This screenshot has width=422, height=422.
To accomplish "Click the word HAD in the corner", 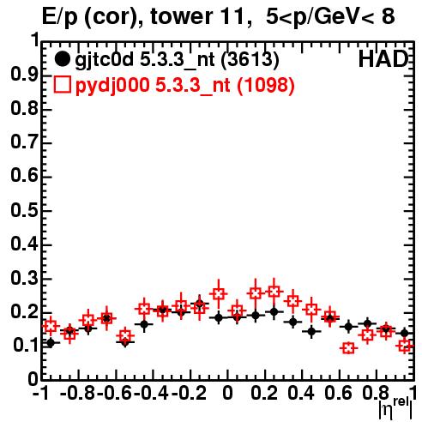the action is (x=383, y=59).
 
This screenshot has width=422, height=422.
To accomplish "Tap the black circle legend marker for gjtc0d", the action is (x=62, y=59).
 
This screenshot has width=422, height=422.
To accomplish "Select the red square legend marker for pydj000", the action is (x=62, y=84).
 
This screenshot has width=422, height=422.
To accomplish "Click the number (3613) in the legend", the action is (x=250, y=59).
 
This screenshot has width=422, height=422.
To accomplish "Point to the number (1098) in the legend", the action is (x=266, y=85).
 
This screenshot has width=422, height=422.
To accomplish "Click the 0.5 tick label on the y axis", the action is (x=25, y=210).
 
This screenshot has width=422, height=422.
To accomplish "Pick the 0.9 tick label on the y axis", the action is (x=25, y=75).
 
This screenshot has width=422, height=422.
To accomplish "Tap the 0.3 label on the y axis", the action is (x=25, y=278).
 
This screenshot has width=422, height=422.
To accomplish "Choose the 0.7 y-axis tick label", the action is (x=25, y=142).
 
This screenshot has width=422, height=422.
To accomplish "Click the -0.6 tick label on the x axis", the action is (x=114, y=394).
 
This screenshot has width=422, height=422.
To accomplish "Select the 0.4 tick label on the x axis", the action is (x=301, y=394).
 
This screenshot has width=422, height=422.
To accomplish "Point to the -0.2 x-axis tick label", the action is (x=189, y=394).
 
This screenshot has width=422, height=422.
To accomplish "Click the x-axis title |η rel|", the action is (x=395, y=409).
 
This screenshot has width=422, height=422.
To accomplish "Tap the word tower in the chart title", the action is (x=181, y=17).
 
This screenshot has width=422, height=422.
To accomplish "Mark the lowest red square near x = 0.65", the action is (x=349, y=348).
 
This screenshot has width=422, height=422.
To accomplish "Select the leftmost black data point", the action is (x=51, y=343).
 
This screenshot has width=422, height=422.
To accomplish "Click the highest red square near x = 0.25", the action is (x=274, y=292).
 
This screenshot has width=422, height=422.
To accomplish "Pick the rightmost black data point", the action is (x=404, y=333).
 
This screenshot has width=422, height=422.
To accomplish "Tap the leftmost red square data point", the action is (x=51, y=326).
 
